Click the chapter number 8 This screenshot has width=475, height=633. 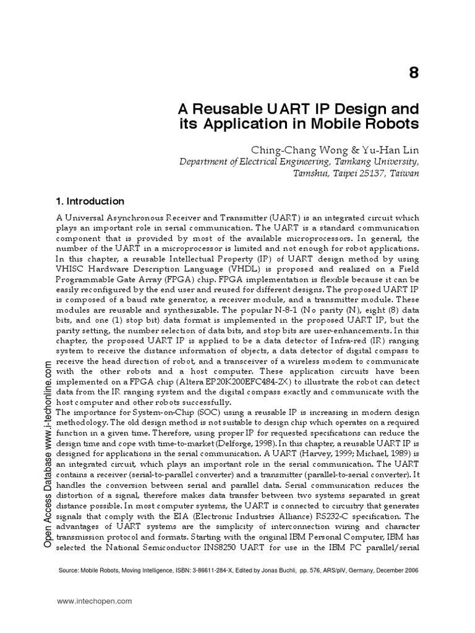[x=414, y=73]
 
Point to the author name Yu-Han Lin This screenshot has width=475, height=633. [x=395, y=150]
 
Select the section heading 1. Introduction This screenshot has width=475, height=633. [x=90, y=202]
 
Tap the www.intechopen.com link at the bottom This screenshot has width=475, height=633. [x=95, y=600]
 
